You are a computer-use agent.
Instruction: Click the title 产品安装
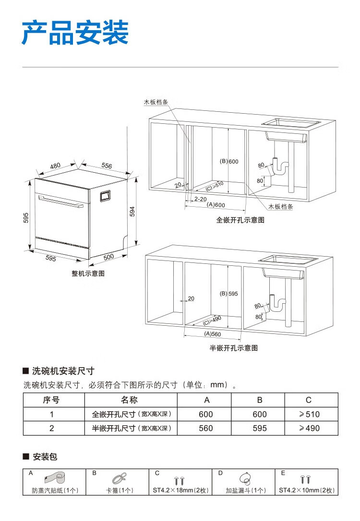pyautogui.click(x=75, y=33)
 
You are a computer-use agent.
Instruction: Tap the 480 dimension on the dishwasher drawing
pyautogui.click(x=55, y=166)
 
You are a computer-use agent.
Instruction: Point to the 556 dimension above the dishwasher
pyautogui.click(x=106, y=166)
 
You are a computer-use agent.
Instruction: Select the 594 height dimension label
pyautogui.click(x=132, y=211)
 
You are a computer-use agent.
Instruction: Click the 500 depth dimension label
pyautogui.click(x=109, y=257)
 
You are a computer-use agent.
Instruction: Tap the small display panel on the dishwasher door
pyautogui.click(x=105, y=196)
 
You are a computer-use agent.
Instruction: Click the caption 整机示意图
pyautogui.click(x=88, y=273)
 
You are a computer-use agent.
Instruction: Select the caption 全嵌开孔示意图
pyautogui.click(x=240, y=220)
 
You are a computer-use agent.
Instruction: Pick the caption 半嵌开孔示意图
pyautogui.click(x=233, y=348)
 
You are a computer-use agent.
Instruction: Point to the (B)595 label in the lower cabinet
pyautogui.click(x=229, y=294)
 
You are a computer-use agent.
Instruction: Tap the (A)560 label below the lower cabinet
pyautogui.click(x=212, y=334)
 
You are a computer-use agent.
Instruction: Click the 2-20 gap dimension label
pyautogui.click(x=201, y=198)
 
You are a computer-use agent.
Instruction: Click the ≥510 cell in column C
pyautogui.click(x=309, y=414)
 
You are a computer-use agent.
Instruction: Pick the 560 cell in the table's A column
pyautogui.click(x=206, y=428)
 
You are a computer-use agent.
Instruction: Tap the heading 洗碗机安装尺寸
pyautogui.click(x=63, y=371)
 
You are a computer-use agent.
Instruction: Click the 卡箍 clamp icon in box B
pyautogui.click(x=120, y=478)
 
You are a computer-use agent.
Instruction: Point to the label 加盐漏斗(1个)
pyautogui.click(x=246, y=490)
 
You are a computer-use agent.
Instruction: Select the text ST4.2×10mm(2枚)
pyautogui.click(x=307, y=490)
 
